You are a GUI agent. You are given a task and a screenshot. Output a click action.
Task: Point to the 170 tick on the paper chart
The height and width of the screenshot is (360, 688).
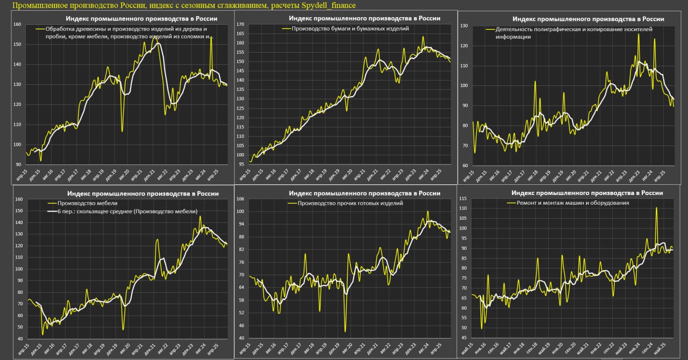click(240, 25)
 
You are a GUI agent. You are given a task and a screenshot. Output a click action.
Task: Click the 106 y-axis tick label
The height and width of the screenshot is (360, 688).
click(240, 199)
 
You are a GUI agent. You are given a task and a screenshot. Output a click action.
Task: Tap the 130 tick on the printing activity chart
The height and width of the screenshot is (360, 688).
click(463, 26)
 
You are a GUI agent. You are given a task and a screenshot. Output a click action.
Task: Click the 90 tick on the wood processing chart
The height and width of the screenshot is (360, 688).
click(18, 164)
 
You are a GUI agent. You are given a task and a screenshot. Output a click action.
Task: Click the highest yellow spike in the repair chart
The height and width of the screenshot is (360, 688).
click(656, 208)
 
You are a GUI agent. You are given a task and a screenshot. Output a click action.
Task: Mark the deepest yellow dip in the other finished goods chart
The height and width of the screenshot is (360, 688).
click(345, 332)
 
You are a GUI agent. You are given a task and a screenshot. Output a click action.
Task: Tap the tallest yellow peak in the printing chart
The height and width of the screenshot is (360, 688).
click(639, 34)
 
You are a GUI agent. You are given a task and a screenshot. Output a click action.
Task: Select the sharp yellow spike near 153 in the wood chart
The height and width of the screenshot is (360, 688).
click(211, 37)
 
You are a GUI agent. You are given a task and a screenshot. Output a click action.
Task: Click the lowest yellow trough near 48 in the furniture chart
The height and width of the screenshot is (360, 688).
click(123, 329)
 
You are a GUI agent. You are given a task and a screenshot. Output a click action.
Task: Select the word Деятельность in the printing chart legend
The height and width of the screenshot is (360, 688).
click(514, 30)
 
